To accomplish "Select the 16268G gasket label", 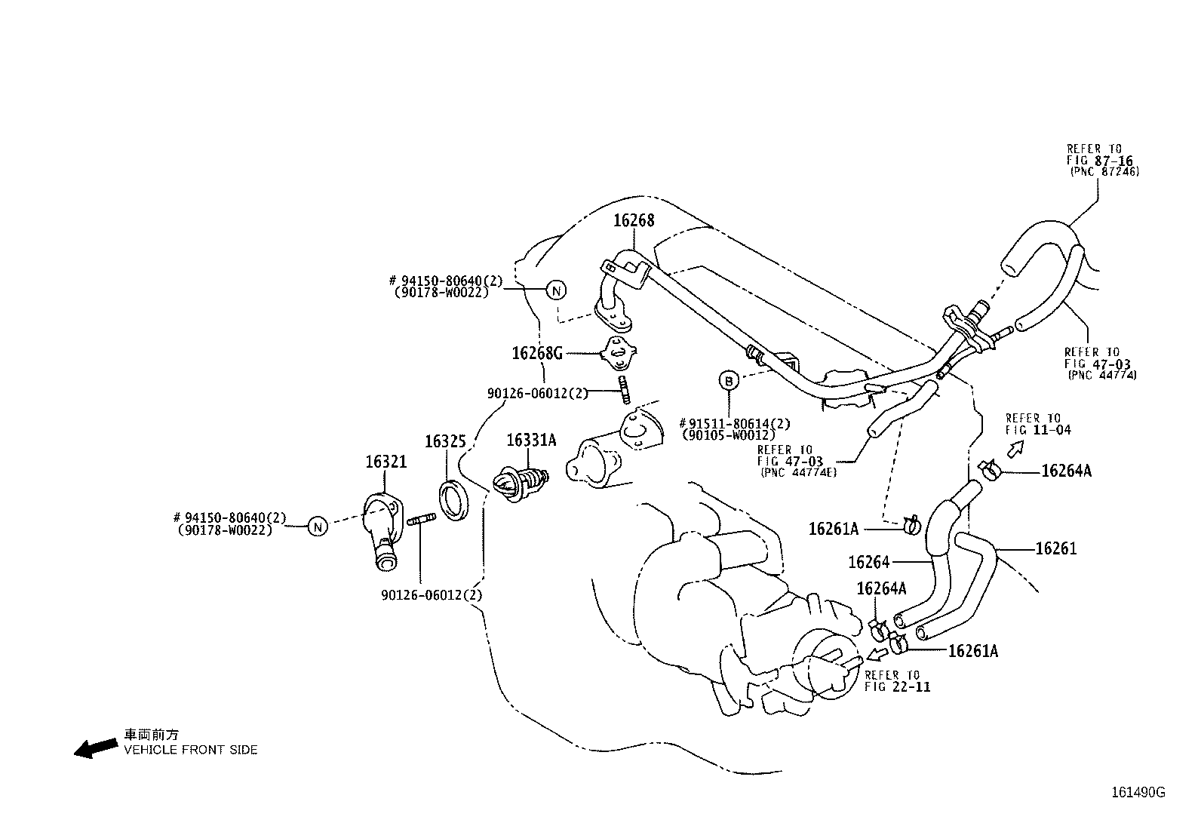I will (537, 353).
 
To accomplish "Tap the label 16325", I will (445, 441).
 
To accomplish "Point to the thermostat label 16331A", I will (530, 440).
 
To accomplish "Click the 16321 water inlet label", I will (385, 461).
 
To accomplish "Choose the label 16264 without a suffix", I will (868, 562).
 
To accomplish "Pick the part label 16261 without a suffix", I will (1055, 549).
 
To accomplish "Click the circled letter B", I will (729, 381).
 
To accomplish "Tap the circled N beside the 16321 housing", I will (318, 527).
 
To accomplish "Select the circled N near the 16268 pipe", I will (556, 290).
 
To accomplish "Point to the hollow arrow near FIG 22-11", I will (878, 652).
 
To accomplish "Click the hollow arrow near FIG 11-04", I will (1016, 450).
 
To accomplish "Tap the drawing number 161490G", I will (1138, 792).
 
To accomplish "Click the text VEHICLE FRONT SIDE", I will (191, 750).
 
